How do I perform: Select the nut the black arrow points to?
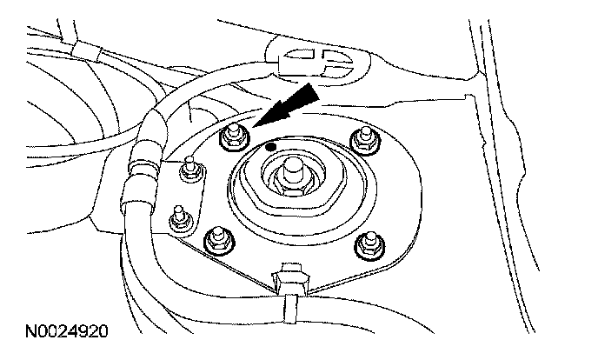[232, 134]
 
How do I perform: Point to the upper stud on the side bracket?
[186, 170]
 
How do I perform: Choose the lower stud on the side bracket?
[181, 217]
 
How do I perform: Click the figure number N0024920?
[66, 331]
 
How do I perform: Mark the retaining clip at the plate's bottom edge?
[289, 273]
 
